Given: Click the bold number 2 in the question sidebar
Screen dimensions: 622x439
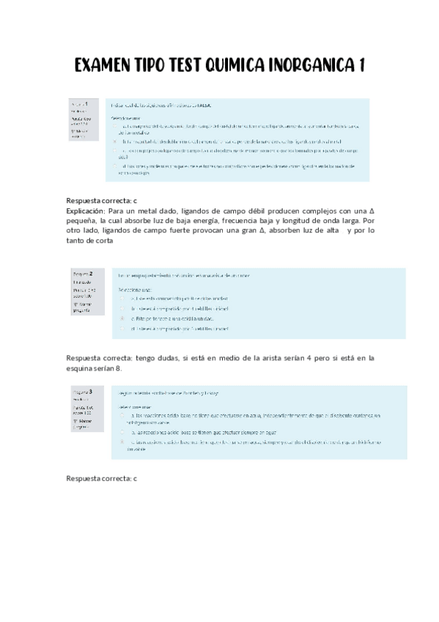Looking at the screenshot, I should coord(90,273).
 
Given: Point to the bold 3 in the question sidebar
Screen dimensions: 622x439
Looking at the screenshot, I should coord(90,392).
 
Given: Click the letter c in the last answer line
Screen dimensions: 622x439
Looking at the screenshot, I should coord(135,478).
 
